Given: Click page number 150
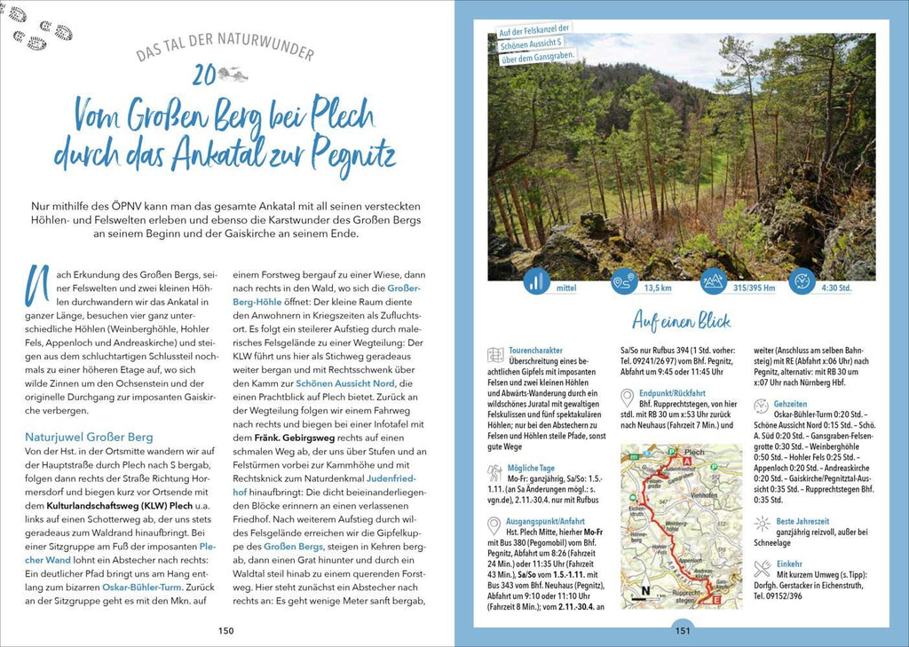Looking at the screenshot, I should (x=225, y=630).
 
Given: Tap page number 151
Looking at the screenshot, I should (x=682, y=631).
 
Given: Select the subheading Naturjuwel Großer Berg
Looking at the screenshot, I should (x=89, y=437).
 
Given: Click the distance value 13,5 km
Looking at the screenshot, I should (x=658, y=288).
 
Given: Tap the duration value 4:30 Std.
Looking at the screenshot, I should (x=835, y=288).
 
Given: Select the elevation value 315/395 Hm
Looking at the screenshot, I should (x=754, y=288).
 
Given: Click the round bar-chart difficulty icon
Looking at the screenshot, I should (x=536, y=282).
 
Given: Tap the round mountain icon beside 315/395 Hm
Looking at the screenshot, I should (x=713, y=282).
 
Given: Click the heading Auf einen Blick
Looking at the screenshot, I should (x=682, y=320).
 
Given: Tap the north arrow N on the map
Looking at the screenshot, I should (x=644, y=591).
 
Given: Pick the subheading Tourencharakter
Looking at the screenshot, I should (x=535, y=351).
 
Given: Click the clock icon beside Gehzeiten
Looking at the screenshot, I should (x=762, y=404).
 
